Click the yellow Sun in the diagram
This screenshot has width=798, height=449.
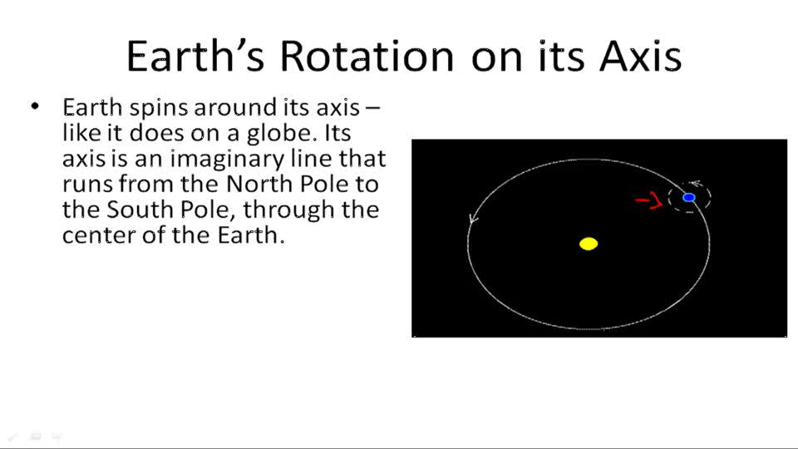(589, 244)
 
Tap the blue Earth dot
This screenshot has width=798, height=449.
(689, 197)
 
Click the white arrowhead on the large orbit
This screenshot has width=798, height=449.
(474, 220)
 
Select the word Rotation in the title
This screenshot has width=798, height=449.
(367, 56)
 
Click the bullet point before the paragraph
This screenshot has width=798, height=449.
(35, 107)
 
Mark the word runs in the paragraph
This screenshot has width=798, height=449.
(86, 184)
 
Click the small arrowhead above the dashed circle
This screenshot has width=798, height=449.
(695, 185)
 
